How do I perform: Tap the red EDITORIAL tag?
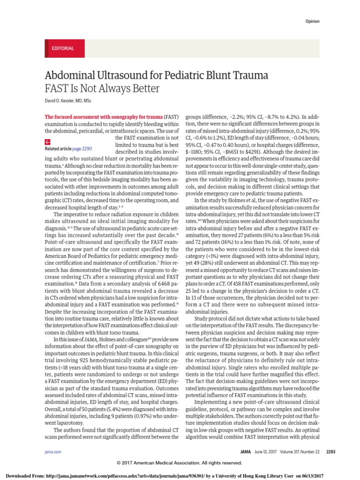point(62,49)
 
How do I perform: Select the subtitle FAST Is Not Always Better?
point(102,89)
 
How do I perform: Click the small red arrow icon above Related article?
point(47,142)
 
